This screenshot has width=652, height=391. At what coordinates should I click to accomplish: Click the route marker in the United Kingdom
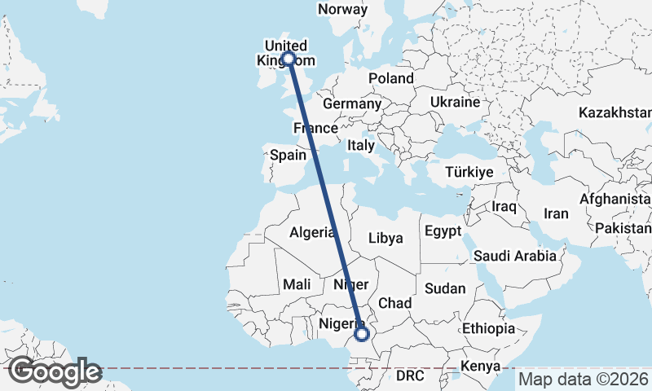pos(288,58)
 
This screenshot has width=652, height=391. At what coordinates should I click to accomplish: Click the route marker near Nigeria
pos(362,333)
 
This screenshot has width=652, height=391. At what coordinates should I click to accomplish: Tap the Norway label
pos(342,9)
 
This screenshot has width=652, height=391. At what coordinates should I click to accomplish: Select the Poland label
pos(390,78)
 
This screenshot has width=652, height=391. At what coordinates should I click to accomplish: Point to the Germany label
pos(351,104)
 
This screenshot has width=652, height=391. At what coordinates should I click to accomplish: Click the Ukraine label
pos(455,103)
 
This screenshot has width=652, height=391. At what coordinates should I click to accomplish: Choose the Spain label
pos(288,155)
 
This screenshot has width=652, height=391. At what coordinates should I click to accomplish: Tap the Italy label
pos(360,145)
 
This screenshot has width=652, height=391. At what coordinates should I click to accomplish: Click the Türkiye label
pos(469,172)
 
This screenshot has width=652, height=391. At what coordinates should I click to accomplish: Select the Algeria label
pos(311,232)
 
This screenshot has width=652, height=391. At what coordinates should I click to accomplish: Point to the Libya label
pos(385,238)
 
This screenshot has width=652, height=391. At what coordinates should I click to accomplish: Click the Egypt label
pos(443,231)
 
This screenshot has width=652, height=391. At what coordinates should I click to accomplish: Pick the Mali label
pos(296,284)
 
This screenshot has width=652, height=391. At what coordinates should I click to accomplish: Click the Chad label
pos(394,303)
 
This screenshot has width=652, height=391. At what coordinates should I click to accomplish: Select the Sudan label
pos(446,288)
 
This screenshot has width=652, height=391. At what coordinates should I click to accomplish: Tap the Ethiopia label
pos(488,328)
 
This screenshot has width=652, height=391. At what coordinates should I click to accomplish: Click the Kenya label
pos(480,366)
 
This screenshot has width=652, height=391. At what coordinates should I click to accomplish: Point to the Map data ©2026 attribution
pos(583,379)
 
